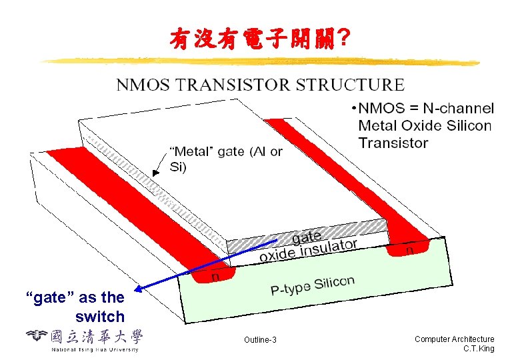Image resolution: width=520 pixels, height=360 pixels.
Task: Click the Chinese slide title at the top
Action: (x=259, y=41)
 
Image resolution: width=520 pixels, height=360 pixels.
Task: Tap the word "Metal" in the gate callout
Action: (x=193, y=151)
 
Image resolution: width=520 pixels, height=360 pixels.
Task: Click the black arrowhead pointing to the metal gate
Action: (x=155, y=171)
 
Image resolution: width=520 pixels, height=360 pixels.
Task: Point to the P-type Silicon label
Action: (x=313, y=285)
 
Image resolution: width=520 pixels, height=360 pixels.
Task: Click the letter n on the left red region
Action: (x=215, y=275)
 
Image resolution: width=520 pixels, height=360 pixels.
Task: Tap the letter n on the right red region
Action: (x=409, y=249)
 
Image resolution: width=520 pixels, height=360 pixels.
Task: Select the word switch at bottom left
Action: (x=100, y=317)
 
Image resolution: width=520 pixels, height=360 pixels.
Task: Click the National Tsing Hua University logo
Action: (x=83, y=339)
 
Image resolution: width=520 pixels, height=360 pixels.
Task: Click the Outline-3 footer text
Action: (x=260, y=341)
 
